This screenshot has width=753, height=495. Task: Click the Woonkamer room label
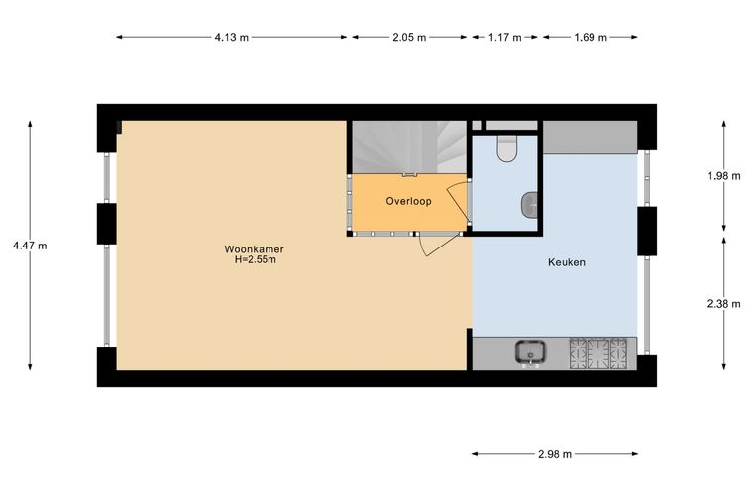coord(254,249)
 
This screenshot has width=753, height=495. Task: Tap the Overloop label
coord(408,201)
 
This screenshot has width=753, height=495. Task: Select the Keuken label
coord(567,262)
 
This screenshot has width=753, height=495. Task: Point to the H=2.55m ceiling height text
coord(255,260)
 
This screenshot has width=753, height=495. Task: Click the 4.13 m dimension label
coord(232,37)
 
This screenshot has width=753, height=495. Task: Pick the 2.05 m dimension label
coord(409,37)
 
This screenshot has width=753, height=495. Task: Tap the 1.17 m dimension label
coord(504,37)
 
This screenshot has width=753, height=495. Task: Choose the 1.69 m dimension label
coord(591,37)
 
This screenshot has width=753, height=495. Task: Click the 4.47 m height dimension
coord(30,246)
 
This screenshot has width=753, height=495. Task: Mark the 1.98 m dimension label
coord(723,176)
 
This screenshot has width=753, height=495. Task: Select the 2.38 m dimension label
coord(723,304)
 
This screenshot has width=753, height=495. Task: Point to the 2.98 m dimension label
coord(555,454)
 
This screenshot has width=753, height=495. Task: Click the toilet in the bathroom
coord(506,148)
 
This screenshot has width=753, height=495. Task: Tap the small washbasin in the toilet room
coord(529,205)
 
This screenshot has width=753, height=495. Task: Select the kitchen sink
coord(530,353)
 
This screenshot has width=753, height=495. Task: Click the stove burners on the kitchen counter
coord(598,353)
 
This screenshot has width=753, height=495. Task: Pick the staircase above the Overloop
coord(409,147)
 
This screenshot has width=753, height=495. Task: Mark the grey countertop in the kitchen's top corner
coord(591,138)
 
